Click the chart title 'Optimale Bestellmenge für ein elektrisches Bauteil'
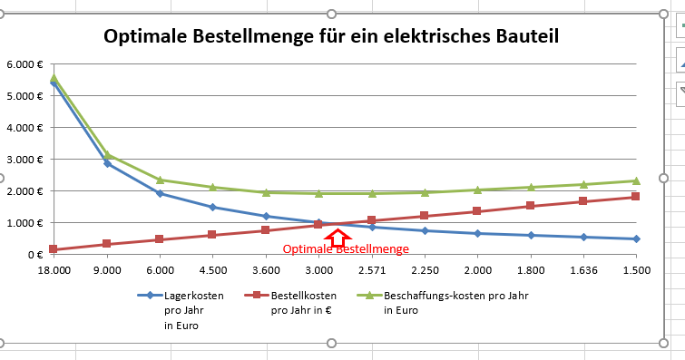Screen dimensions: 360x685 pyautogui.click(x=330, y=37)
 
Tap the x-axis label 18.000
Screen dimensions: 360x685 pyautogui.click(x=54, y=269)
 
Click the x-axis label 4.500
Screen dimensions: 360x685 pyautogui.click(x=212, y=269)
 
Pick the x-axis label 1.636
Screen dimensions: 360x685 pyautogui.click(x=583, y=269)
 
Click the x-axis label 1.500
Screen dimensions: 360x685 pyautogui.click(x=636, y=269)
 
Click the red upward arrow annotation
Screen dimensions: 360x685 pyautogui.click(x=338, y=238)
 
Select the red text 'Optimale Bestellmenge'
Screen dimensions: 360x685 pyautogui.click(x=346, y=249)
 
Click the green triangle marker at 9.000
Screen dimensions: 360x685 pyautogui.click(x=107, y=155)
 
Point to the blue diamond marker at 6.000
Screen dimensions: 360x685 pyautogui.click(x=160, y=193)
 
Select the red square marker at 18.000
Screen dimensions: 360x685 pyautogui.click(x=54, y=249)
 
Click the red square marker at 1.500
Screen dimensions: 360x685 pyautogui.click(x=636, y=197)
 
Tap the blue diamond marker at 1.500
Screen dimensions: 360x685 pyautogui.click(x=636, y=238)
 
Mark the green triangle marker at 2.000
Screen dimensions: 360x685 pyautogui.click(x=477, y=190)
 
